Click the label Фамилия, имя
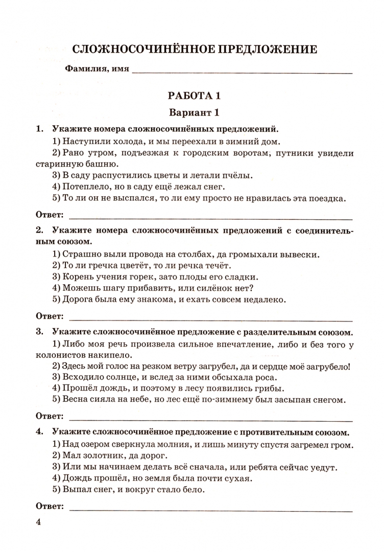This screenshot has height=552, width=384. tap(97, 69)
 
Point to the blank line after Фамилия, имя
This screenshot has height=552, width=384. tap(243, 71)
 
